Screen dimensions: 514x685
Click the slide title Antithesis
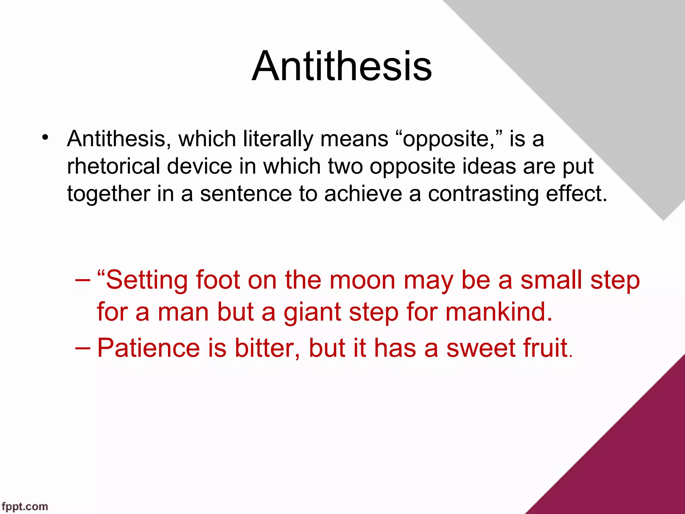click(x=342, y=66)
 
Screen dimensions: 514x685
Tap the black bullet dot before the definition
click(x=45, y=138)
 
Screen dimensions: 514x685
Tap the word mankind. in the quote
click(x=499, y=312)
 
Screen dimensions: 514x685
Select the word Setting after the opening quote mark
click(x=147, y=281)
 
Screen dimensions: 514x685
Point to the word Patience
click(x=149, y=348)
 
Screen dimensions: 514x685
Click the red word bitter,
click(x=267, y=348)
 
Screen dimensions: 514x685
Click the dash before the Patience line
click(x=83, y=348)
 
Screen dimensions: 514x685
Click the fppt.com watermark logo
click(x=25, y=506)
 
